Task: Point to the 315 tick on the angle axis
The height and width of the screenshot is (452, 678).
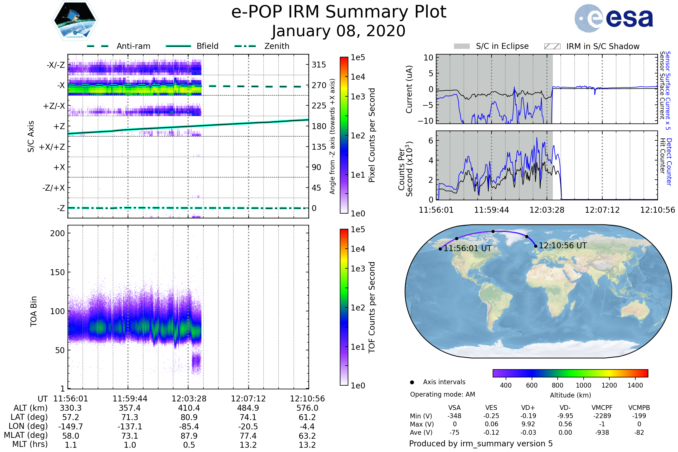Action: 319,65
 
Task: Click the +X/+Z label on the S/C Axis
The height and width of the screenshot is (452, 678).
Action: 52,147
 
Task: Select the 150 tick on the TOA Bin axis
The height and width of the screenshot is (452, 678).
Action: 57,272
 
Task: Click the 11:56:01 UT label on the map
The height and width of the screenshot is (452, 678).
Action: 467,248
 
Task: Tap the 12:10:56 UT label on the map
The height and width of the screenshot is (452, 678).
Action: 562,245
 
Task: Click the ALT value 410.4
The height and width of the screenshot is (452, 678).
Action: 189,408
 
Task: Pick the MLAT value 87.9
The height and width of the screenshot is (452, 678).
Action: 189,436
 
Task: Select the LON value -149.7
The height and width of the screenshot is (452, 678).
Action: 71,426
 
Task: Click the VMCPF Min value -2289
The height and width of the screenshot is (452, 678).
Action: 602,416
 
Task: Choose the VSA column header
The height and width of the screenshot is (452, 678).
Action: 454,408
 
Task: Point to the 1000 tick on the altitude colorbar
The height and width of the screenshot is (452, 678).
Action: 583,385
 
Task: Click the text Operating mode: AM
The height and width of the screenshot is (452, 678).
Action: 442,394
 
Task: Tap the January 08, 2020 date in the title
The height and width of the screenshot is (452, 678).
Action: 339,31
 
